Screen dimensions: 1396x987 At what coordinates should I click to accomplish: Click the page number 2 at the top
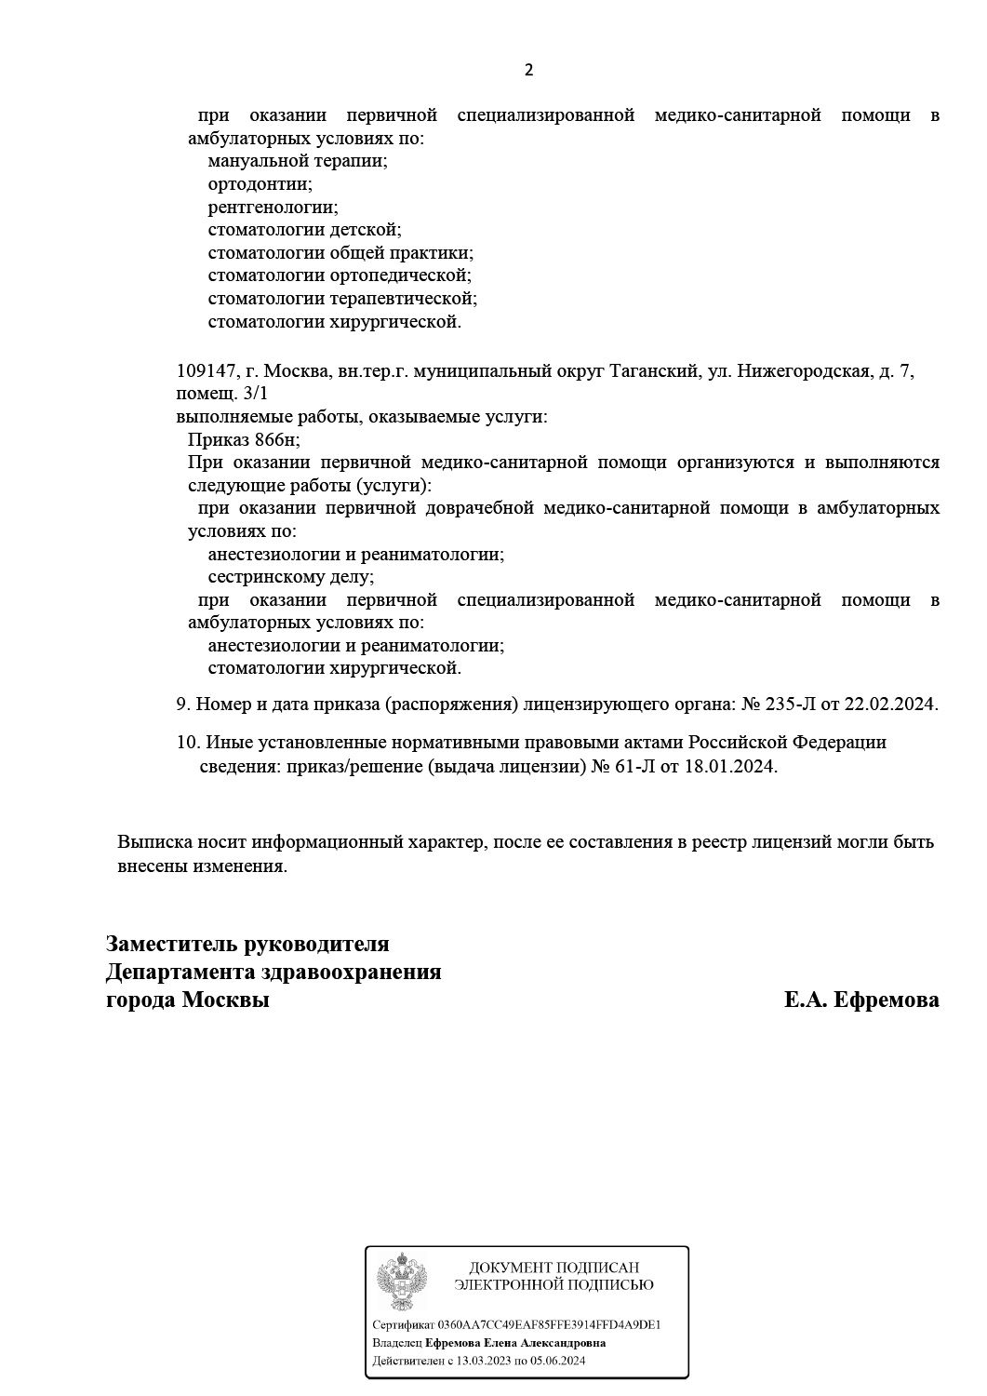click(x=529, y=70)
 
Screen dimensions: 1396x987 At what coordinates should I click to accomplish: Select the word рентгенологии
click(x=273, y=207)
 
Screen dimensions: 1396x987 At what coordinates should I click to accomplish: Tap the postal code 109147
click(x=203, y=371)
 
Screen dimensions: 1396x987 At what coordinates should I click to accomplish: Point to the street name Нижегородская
click(x=807, y=371)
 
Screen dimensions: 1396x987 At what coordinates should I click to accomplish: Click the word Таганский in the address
click(x=653, y=371)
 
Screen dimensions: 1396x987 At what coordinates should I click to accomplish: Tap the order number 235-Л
click(x=790, y=705)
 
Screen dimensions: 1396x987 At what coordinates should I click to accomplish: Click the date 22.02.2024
click(x=890, y=705)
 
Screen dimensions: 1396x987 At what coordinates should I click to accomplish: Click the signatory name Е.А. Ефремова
click(x=861, y=1000)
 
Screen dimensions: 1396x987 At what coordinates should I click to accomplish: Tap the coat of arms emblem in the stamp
click(x=402, y=1282)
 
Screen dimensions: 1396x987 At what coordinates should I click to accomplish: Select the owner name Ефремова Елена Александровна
click(x=515, y=1343)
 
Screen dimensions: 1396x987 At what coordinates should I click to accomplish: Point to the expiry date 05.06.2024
click(x=557, y=1362)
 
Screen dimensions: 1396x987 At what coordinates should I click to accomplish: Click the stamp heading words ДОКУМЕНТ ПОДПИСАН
click(x=554, y=1268)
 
